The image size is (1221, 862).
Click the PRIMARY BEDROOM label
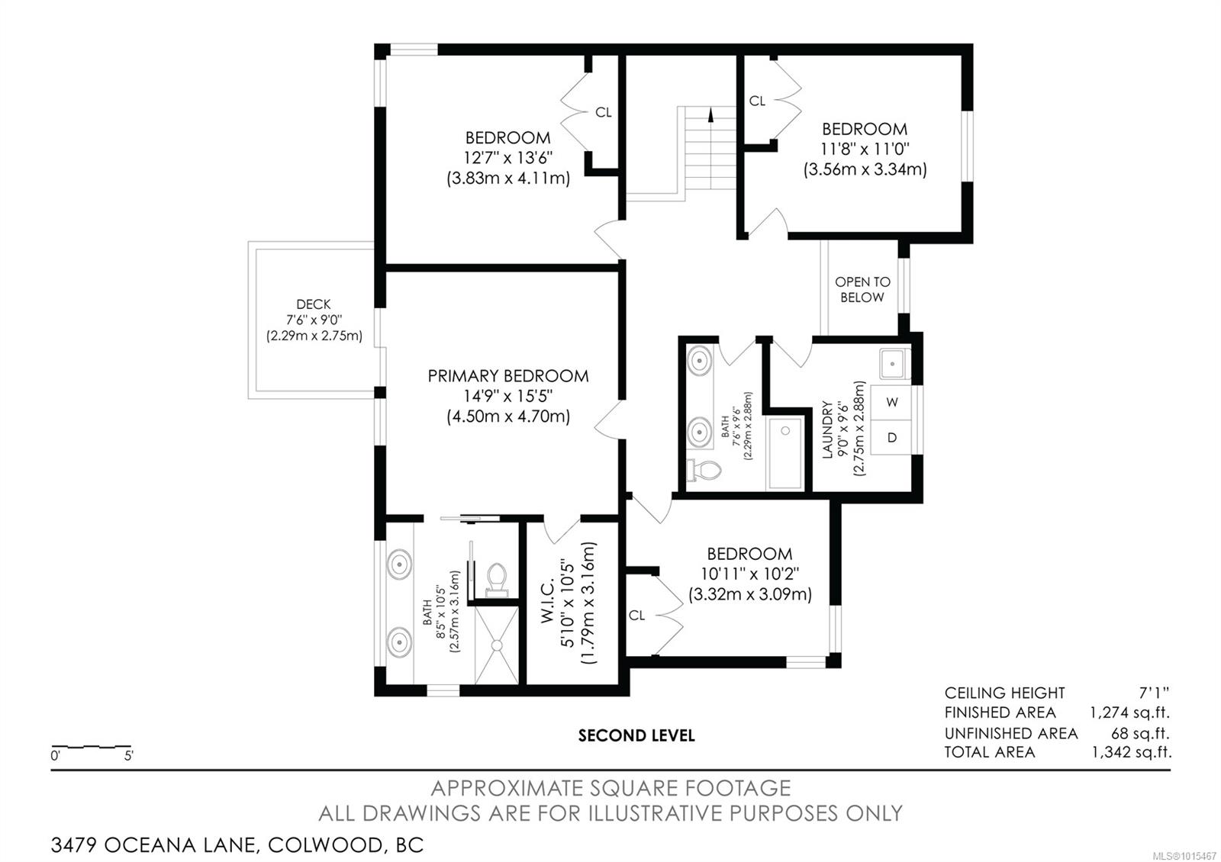[507, 376]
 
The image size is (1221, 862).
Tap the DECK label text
[314, 304]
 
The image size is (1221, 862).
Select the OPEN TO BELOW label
[862, 289]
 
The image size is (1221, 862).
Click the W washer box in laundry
[892, 402]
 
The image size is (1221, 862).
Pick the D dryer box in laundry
[892, 437]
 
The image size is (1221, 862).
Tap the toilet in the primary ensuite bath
[497, 577]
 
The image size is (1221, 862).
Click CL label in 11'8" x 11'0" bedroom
[757, 101]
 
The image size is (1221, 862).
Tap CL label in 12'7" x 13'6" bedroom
[603, 112]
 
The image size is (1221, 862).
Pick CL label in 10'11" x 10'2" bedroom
[637, 615]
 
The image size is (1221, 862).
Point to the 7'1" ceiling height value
[1153, 693]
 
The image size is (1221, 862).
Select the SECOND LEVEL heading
[636, 736]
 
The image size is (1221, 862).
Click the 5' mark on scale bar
[128, 756]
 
